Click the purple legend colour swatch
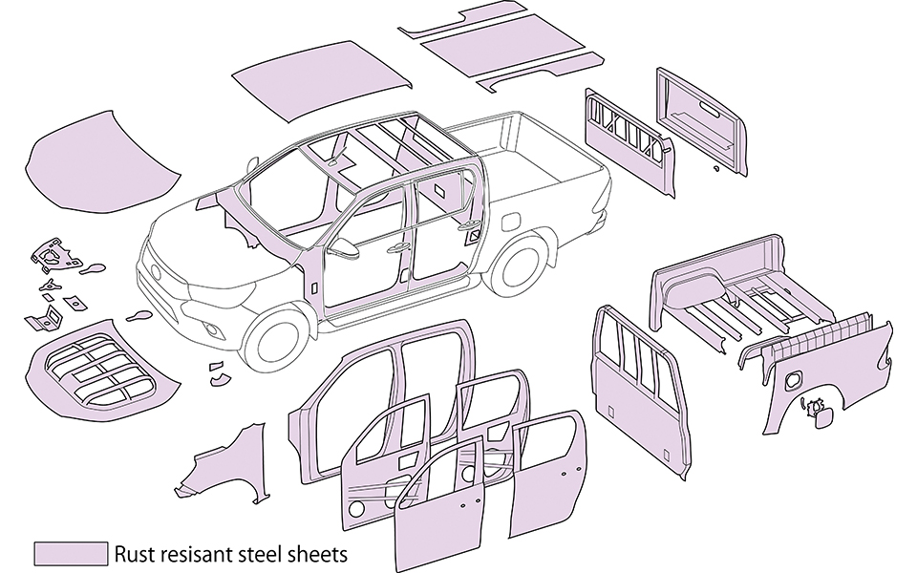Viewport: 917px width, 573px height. (x=70, y=554)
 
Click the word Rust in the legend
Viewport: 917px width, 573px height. (x=134, y=553)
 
